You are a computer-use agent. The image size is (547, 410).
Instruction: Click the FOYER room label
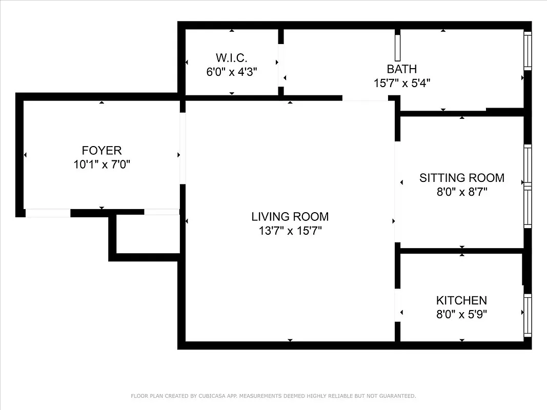(102, 150)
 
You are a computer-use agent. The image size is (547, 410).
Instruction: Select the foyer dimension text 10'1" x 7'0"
(102, 165)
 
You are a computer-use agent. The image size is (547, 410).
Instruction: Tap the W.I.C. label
(232, 57)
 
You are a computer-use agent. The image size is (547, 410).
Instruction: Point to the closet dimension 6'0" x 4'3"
(232, 72)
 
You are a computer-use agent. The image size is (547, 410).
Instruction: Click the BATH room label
(401, 69)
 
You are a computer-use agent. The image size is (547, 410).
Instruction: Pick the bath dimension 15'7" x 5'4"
(401, 83)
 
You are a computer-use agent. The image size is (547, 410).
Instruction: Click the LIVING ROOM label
(290, 216)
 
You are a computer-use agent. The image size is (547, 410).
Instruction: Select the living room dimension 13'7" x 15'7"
(290, 231)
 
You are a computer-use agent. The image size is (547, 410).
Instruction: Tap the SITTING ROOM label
(461, 178)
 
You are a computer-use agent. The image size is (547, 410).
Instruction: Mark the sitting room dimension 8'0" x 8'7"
(461, 192)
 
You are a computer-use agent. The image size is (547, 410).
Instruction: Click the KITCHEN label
(461, 300)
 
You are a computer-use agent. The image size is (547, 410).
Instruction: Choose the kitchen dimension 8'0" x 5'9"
(461, 314)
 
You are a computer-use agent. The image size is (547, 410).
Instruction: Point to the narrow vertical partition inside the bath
(397, 48)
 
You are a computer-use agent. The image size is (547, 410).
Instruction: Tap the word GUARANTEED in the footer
(396, 396)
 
